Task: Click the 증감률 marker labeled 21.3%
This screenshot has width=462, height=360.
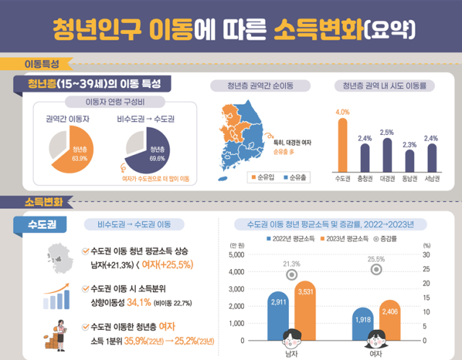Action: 292,275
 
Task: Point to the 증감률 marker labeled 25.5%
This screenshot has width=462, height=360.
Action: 376,269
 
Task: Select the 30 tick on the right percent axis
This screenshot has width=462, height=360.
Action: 427,255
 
